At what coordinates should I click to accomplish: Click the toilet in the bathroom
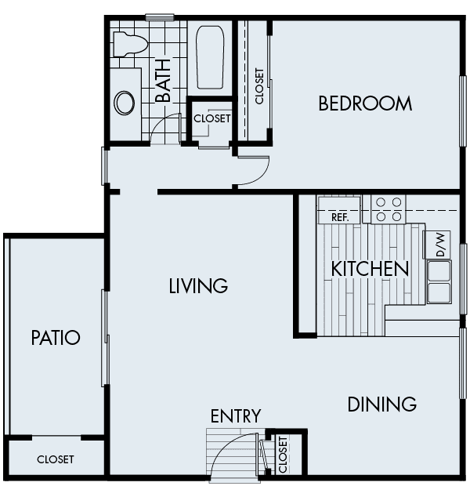coord(127,43)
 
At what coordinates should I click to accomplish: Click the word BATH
coord(163,86)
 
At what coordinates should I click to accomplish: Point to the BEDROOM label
coord(365,103)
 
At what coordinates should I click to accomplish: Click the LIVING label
coord(198,286)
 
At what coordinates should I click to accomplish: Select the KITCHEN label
coord(371,269)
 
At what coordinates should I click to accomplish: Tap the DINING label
coord(381,404)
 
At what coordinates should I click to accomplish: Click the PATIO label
coord(56,338)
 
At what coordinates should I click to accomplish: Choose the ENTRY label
coord(235,415)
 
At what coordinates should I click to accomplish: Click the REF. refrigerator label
coord(340,216)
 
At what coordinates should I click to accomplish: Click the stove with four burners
coord(389,208)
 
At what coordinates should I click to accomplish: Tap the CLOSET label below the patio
coord(56,460)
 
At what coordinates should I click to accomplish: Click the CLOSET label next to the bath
coord(212,119)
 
